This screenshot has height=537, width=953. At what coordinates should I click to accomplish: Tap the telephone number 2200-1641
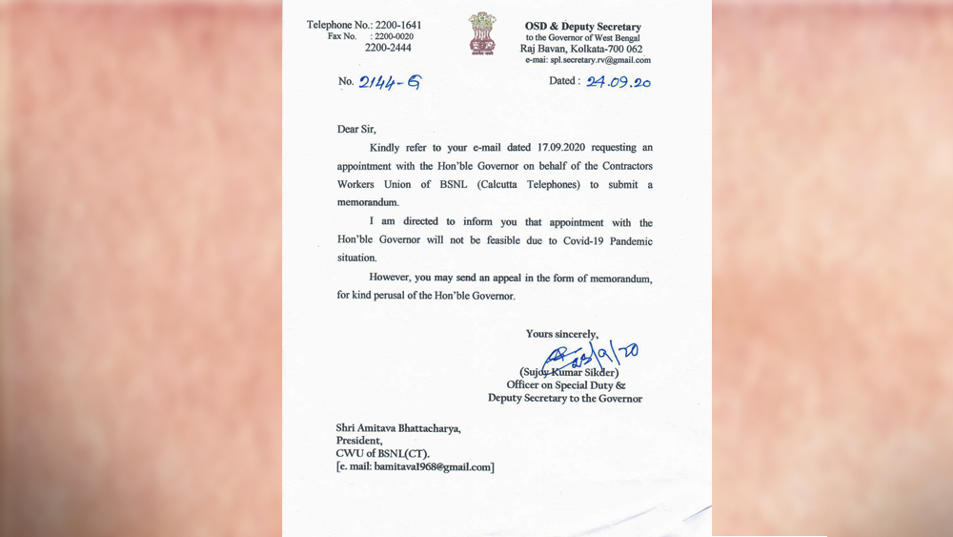click(395, 25)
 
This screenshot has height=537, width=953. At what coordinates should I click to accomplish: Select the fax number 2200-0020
click(390, 36)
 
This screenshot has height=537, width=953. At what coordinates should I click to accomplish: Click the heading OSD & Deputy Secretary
click(583, 27)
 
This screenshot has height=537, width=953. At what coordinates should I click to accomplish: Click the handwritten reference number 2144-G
click(389, 82)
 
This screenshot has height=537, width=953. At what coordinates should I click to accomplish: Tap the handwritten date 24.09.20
click(619, 82)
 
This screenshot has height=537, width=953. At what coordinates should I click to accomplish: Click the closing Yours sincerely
click(562, 334)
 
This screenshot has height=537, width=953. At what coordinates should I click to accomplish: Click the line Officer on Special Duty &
click(566, 385)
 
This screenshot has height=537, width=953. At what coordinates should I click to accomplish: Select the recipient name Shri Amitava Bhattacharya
click(397, 428)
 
